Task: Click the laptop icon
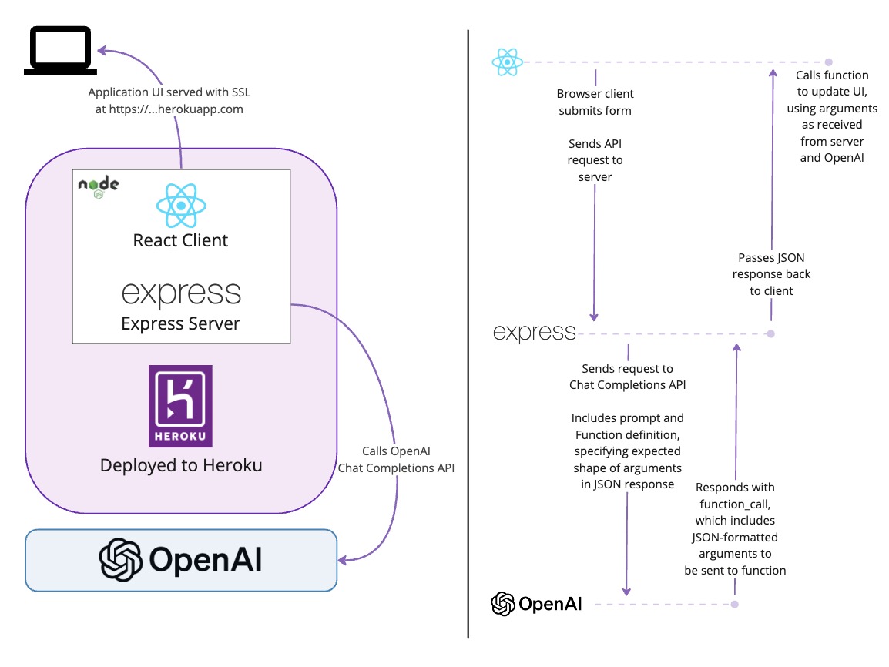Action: pyautogui.click(x=61, y=50)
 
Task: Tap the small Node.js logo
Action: pyautogui.click(x=99, y=187)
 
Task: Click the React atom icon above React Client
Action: pyautogui.click(x=181, y=205)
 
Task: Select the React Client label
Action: pyautogui.click(x=181, y=240)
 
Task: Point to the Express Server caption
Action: pyautogui.click(x=181, y=323)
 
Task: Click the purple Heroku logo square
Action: pyautogui.click(x=180, y=406)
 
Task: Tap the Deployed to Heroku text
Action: pyautogui.click(x=181, y=465)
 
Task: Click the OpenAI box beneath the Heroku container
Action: pyautogui.click(x=181, y=560)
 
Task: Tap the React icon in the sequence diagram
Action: pyautogui.click(x=508, y=62)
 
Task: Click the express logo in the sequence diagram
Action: pyautogui.click(x=535, y=333)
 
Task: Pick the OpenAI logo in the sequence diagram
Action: pyautogui.click(x=536, y=604)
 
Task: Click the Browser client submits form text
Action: pyautogui.click(x=595, y=102)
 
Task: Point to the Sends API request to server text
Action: pyautogui.click(x=595, y=160)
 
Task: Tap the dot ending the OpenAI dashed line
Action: pyautogui.click(x=735, y=605)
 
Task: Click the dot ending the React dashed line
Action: pyautogui.click(x=828, y=62)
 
